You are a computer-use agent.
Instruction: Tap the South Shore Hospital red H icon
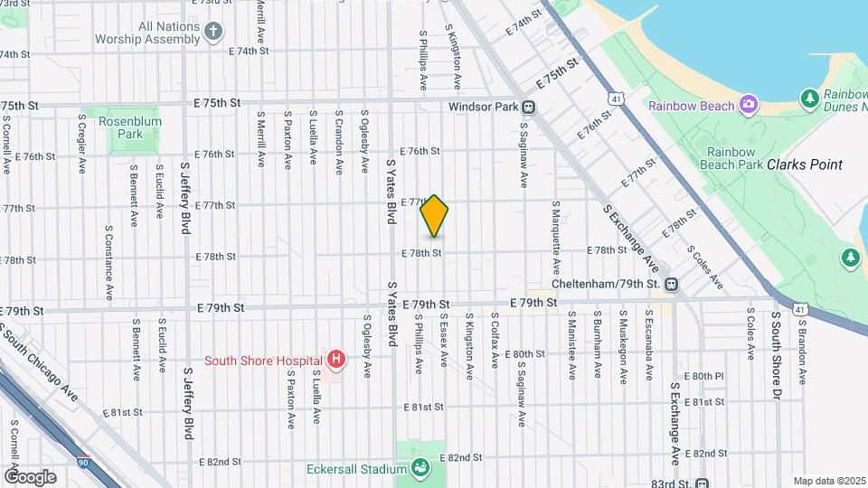336,361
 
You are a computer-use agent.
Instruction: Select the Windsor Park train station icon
529,107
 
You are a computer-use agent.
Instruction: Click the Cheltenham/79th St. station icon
671,284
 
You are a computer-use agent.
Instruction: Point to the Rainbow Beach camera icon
748,106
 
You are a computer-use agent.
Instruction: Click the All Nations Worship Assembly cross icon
213,33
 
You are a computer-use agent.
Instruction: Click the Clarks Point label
804,164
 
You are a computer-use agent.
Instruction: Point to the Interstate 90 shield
83,461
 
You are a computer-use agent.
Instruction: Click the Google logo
30,476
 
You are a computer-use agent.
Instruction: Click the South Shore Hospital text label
263,361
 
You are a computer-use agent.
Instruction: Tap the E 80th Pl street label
705,375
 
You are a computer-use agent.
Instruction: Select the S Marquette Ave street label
556,244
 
